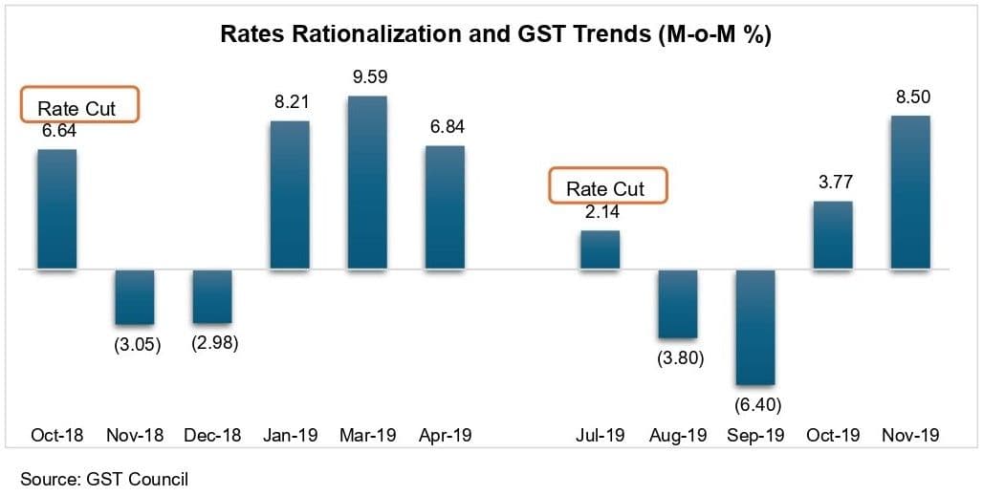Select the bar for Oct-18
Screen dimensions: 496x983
point(57,209)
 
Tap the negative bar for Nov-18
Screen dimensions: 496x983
point(135,297)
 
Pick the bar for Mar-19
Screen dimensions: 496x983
point(368,183)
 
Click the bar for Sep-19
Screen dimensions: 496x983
point(755,327)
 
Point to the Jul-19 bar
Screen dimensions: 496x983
point(600,250)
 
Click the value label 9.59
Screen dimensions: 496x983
point(370,77)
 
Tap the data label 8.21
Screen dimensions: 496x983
point(290,102)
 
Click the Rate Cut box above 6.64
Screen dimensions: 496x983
point(80,106)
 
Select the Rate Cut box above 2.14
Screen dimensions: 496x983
point(607,186)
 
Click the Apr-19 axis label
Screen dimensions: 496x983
point(446,435)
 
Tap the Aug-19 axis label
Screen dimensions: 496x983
point(678,435)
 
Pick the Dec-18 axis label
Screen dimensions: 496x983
point(212,435)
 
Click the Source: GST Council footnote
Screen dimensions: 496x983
point(104,479)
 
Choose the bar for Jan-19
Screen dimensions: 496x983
point(290,196)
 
